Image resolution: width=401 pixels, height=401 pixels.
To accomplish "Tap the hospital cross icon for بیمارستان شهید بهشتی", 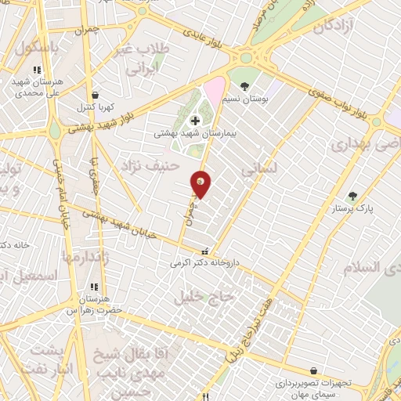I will click(x=195, y=120).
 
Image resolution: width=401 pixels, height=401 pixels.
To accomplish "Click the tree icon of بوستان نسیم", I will click(x=245, y=87).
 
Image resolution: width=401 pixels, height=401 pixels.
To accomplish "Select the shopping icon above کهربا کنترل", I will click(x=95, y=95).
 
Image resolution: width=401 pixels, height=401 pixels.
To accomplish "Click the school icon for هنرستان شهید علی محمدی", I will click(x=37, y=70).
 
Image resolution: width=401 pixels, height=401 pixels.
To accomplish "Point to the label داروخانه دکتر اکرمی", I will click(x=204, y=264).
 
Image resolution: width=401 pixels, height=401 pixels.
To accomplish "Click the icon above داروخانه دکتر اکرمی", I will click(x=205, y=252).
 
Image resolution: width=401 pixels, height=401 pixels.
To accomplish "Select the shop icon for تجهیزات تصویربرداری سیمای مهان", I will click(x=313, y=370).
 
